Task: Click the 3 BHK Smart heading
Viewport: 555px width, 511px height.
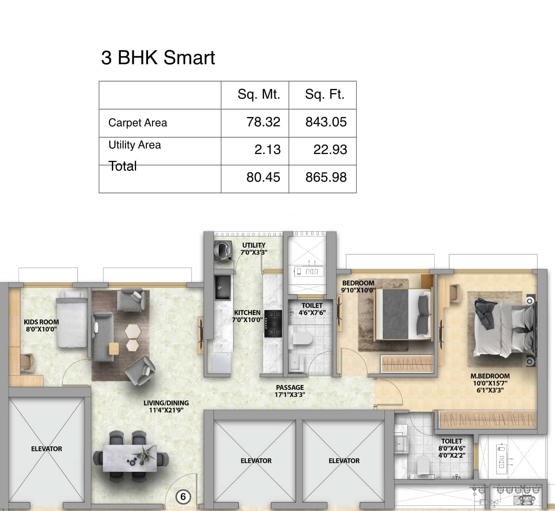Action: click(x=158, y=58)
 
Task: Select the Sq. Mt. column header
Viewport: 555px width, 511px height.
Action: click(x=259, y=94)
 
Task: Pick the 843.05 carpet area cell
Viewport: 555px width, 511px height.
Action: click(x=326, y=122)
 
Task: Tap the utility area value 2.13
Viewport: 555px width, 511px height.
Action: click(x=267, y=150)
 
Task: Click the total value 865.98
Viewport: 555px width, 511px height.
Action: click(x=326, y=177)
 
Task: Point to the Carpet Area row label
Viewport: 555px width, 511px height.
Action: click(x=137, y=123)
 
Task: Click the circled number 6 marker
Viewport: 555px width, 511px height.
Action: click(x=183, y=497)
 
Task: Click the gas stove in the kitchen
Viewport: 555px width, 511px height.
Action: click(x=273, y=323)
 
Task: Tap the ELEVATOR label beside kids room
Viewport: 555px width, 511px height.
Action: click(x=46, y=449)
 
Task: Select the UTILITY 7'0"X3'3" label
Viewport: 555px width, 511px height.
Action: click(x=254, y=249)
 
